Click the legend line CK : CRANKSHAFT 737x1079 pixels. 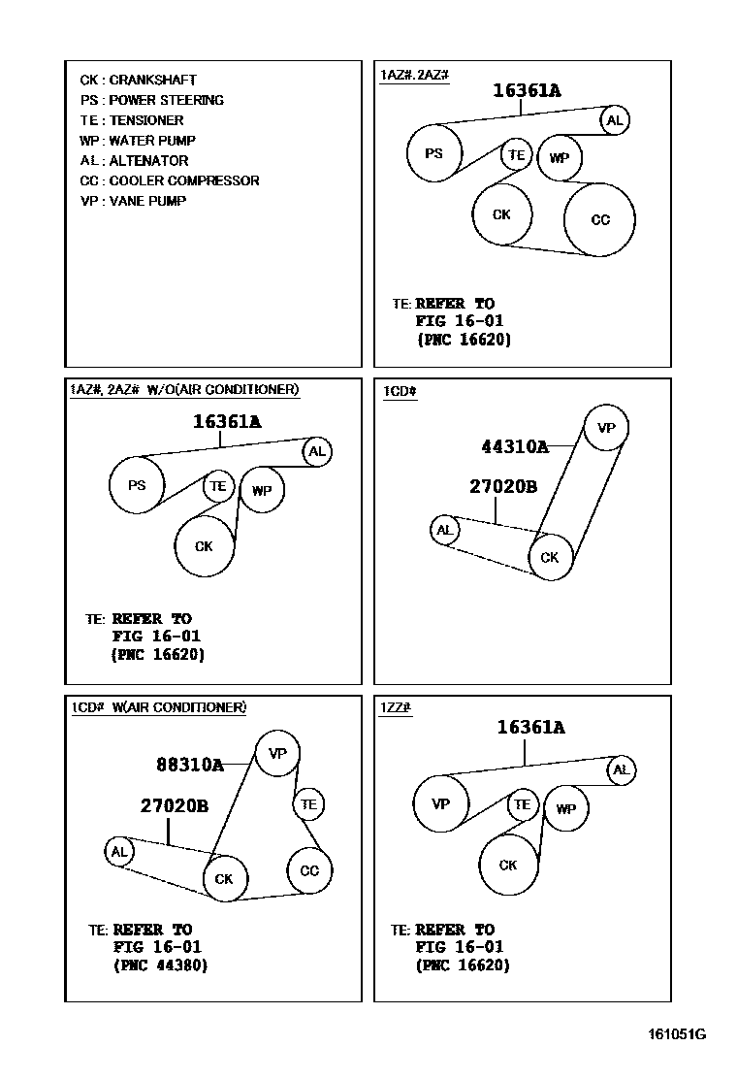[138, 80]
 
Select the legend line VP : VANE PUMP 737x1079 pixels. [133, 201]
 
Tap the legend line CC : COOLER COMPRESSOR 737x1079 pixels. [170, 180]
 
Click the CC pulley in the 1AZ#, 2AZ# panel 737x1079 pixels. [600, 220]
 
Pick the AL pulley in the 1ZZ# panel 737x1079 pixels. [621, 770]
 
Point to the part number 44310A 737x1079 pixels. [514, 447]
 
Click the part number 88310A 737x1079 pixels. [190, 765]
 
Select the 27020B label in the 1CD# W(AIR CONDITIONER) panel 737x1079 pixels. [174, 805]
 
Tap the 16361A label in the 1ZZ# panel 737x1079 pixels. [530, 727]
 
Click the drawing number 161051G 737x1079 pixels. [677, 1034]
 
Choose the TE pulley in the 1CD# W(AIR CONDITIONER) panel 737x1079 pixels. [308, 803]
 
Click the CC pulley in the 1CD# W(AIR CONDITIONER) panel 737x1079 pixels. [309, 870]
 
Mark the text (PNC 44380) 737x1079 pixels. [160, 965]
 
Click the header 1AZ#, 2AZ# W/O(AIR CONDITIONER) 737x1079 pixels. [184, 390]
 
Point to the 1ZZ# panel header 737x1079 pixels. [398, 708]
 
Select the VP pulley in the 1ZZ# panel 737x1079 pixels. [441, 803]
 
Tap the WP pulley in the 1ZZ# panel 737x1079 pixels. [566, 808]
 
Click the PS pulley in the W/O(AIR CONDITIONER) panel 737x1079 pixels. [137, 484]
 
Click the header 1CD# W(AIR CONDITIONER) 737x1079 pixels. [158, 707]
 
